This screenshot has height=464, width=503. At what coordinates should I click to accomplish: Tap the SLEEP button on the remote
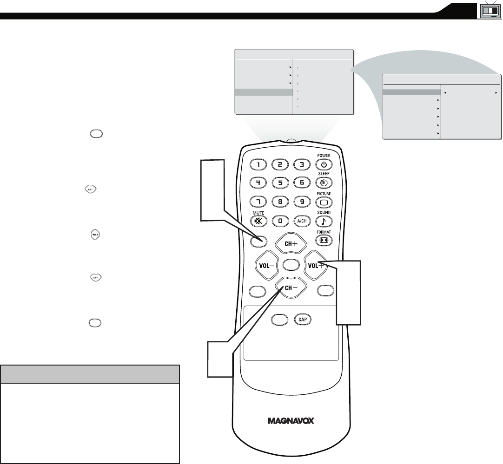324,183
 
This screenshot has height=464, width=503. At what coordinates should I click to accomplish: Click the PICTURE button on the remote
324,202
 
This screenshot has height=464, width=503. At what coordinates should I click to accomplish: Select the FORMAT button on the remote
324,241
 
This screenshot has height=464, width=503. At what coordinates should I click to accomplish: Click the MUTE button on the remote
258,221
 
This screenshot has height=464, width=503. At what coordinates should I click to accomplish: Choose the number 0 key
280,221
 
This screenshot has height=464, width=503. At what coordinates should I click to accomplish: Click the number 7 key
258,202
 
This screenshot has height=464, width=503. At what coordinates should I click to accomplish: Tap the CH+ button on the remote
291,243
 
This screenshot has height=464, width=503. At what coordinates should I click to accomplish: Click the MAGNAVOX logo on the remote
291,421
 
